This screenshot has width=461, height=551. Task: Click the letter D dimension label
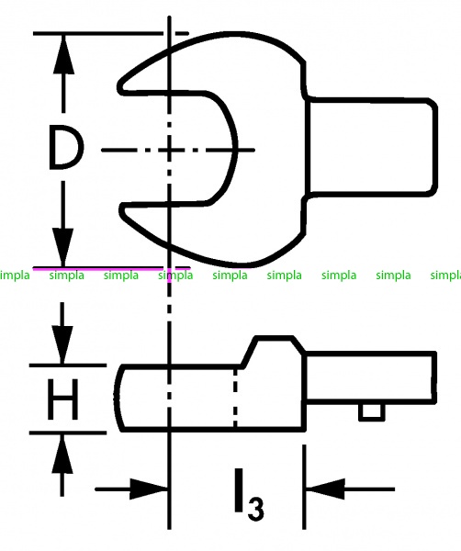tap(66, 147)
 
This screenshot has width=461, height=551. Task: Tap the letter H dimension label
tap(62, 399)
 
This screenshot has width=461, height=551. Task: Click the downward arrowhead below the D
tap(63, 247)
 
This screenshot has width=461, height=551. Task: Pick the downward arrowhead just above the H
tap(62, 344)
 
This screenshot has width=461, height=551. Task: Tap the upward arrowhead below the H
tap(62, 454)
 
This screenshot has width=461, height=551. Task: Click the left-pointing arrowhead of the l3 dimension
tap(325, 489)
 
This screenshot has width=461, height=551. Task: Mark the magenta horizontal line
tap(112, 269)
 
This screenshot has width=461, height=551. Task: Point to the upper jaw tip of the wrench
tap(120, 87)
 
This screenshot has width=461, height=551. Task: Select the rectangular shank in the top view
tap(371, 146)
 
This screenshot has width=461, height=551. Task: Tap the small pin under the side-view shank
tap(371, 411)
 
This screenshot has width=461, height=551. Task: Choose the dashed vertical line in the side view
tap(235, 398)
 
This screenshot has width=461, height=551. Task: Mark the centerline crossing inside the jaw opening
tap(169, 150)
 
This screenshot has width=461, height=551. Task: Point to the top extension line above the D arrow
tap(111, 33)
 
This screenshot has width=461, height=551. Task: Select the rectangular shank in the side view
tap(371, 376)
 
